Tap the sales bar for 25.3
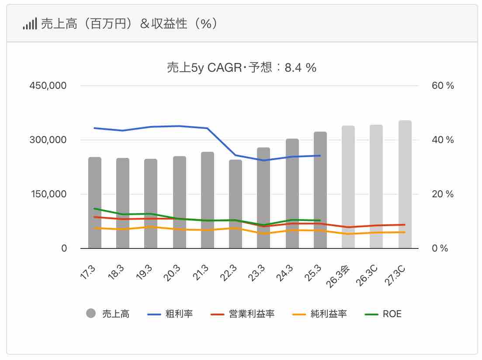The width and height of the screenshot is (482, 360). click(320, 190)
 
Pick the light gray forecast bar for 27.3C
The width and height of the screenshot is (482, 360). click(405, 184)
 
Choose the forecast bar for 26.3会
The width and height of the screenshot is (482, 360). click(348, 187)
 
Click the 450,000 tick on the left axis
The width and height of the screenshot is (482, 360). click(48, 86)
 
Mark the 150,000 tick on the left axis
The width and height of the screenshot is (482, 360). click(48, 194)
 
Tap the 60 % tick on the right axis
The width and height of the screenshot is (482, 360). click(443, 86)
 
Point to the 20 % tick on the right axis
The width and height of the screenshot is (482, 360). click(443, 194)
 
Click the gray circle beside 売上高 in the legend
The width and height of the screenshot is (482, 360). click(91, 314)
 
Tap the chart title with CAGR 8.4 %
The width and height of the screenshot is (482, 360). click(241, 68)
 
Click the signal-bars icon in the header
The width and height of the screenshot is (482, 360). click(30, 24)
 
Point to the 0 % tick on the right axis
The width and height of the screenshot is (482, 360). click(440, 248)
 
